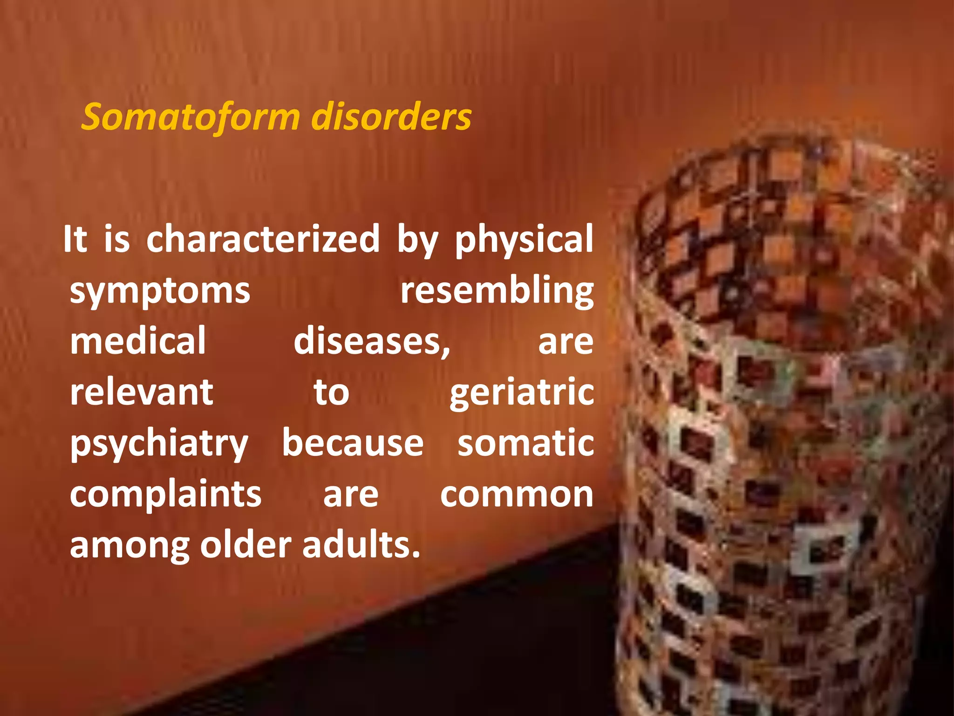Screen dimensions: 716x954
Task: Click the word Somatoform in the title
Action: (191, 117)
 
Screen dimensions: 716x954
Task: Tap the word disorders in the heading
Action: (391, 117)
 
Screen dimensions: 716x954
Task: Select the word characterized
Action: (263, 239)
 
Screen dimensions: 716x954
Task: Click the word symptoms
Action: (160, 291)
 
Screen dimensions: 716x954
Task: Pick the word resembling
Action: (497, 291)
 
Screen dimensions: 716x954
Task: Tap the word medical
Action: (138, 341)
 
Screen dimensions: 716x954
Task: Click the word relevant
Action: (142, 392)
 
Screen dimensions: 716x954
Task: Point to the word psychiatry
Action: (159, 444)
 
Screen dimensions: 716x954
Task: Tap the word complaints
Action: (165, 495)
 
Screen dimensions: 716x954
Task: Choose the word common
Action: (517, 495)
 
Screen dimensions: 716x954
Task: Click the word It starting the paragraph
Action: (75, 239)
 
